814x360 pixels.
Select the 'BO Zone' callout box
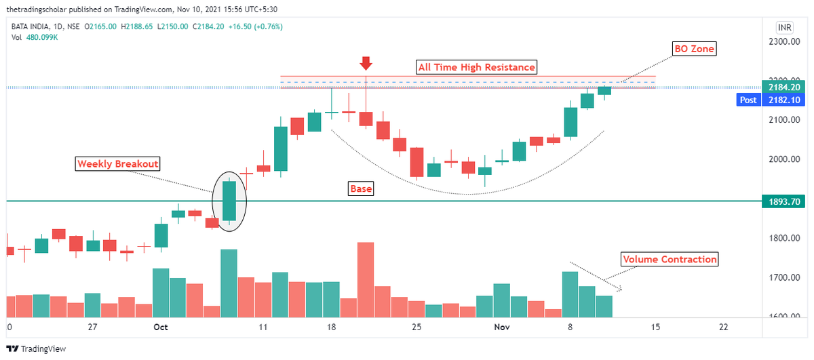tap(694, 49)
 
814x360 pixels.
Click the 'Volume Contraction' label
tap(670, 260)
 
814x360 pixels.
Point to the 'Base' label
tap(361, 188)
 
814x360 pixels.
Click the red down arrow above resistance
tap(366, 64)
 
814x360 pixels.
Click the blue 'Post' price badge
tap(749, 100)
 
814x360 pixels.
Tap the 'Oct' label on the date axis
tap(161, 327)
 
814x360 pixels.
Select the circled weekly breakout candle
tap(229, 201)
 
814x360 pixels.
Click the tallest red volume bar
tap(366, 279)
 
